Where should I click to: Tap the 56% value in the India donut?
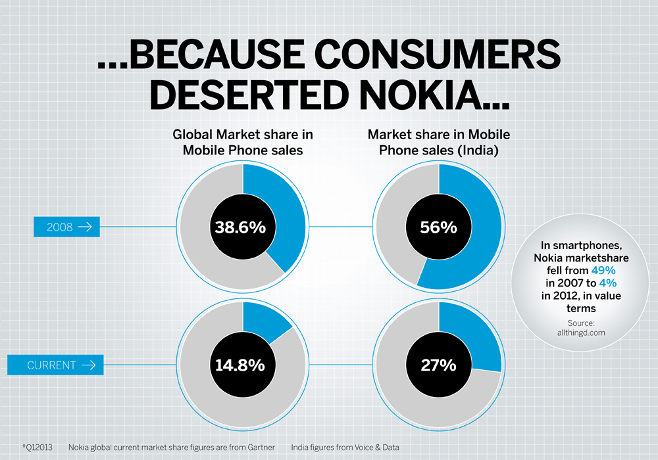pyautogui.click(x=438, y=227)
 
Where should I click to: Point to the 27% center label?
pyautogui.click(x=438, y=365)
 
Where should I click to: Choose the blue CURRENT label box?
pyautogui.click(x=55, y=365)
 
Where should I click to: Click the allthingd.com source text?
pyautogui.click(x=581, y=333)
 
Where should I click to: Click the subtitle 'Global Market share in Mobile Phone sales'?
pyautogui.click(x=243, y=141)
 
